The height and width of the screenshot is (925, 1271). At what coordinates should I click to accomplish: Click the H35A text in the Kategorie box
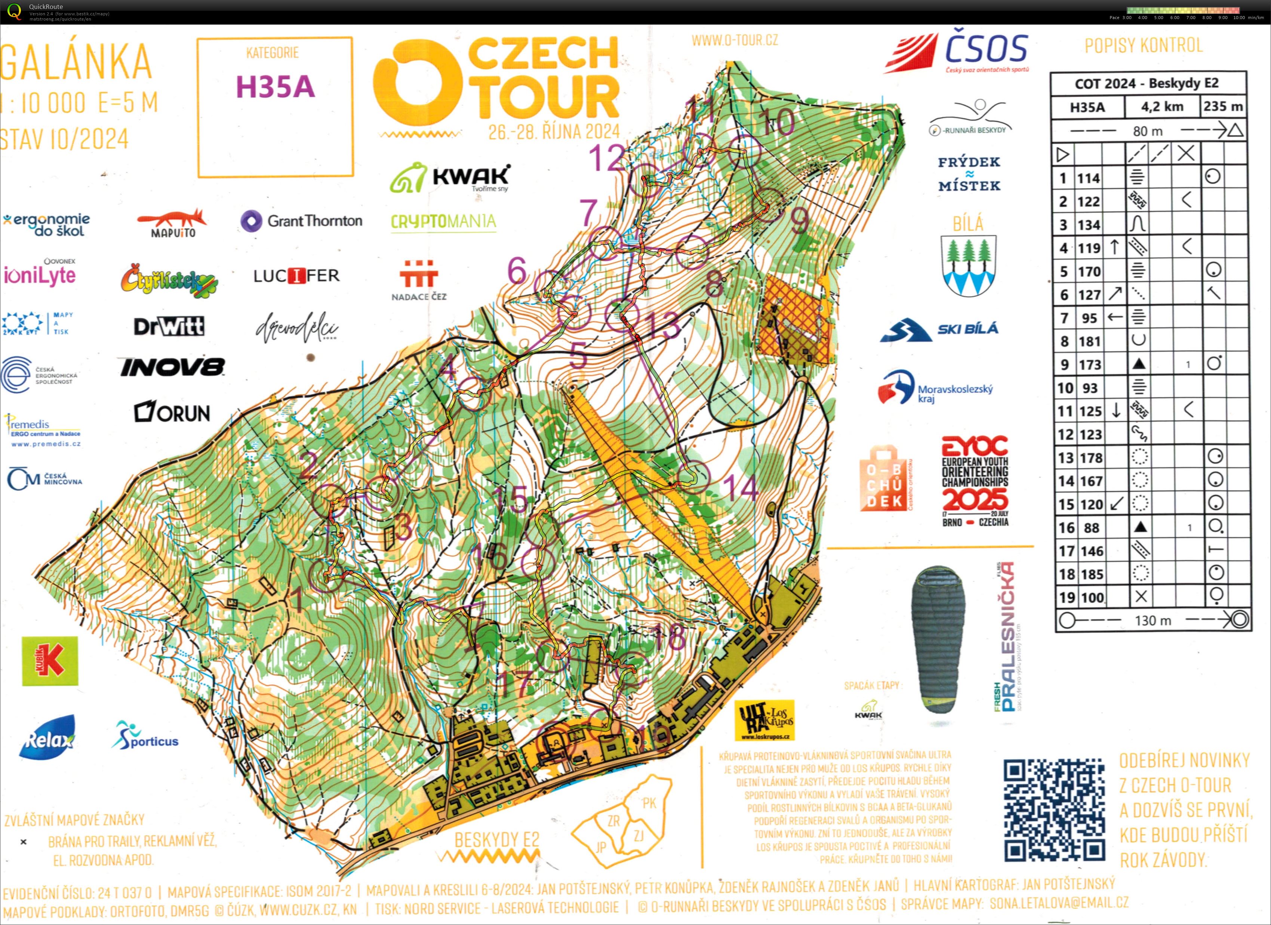click(275, 87)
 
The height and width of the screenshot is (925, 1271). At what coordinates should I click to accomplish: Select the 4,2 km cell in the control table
click(1162, 107)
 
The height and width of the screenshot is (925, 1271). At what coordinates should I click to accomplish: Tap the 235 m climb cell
click(1223, 107)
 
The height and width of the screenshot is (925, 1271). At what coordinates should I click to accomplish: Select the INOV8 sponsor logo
click(172, 367)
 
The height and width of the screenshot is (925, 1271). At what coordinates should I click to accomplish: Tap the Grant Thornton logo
click(302, 221)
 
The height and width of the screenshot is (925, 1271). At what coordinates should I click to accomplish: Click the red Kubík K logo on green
click(50, 661)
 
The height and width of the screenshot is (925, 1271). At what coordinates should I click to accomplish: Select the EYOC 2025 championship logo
click(975, 481)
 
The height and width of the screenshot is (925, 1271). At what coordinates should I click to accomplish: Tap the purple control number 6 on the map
click(517, 271)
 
